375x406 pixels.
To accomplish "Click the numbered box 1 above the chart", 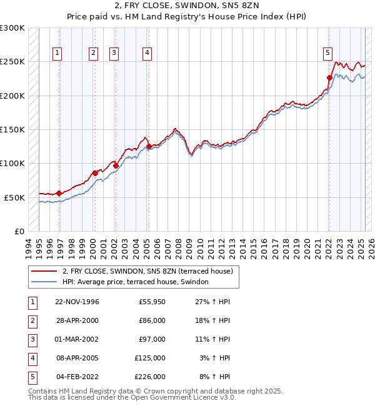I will click(57, 53).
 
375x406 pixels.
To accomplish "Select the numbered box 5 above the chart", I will click(327, 53).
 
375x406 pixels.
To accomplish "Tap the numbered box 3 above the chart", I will click(114, 53).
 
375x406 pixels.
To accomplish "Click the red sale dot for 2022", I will click(329, 77).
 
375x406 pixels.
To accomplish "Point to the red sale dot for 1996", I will click(59, 193).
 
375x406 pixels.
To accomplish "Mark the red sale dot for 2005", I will click(149, 147).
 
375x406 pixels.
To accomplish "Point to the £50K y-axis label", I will click(14, 197).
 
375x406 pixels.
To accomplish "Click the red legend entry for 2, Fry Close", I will click(147, 271).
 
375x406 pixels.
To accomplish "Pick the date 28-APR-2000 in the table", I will click(77, 320).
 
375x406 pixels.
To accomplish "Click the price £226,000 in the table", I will click(150, 377).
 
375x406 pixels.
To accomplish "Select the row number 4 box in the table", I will click(32, 358).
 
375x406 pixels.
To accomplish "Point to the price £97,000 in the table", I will click(152, 339).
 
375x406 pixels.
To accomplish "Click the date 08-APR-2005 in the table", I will click(77, 358).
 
